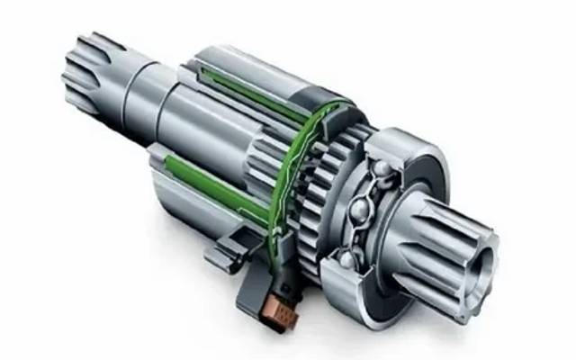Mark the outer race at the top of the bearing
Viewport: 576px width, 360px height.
point(405,144)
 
